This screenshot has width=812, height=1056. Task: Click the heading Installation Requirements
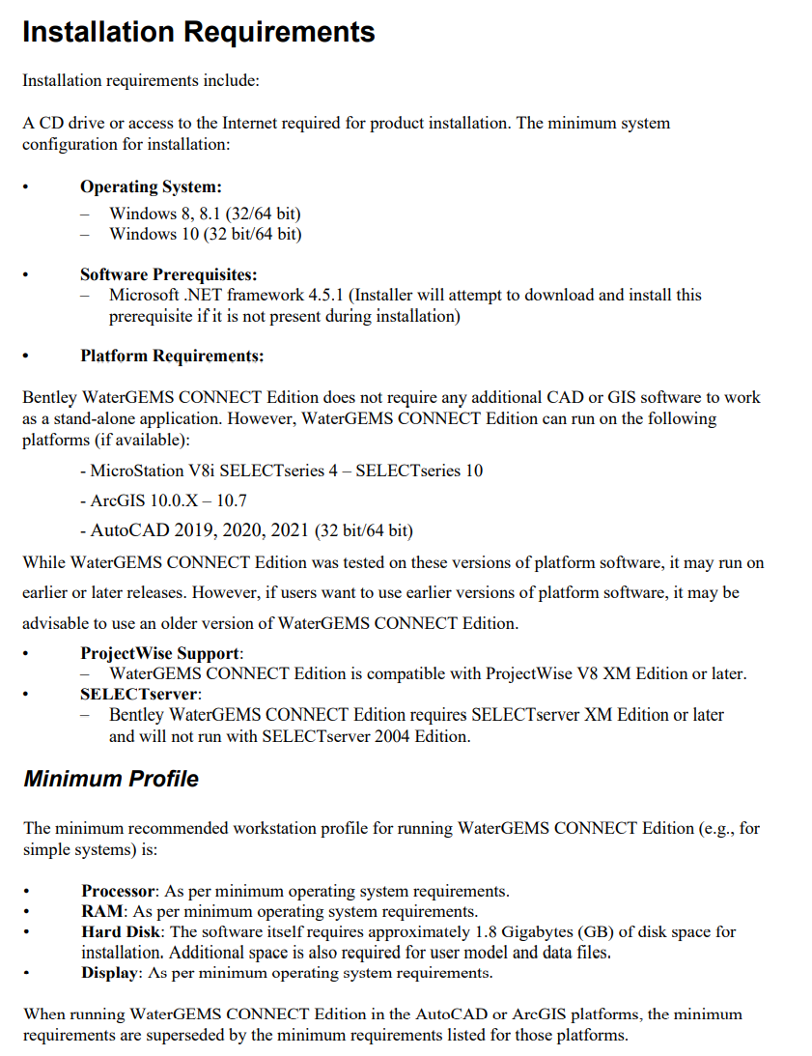[198, 32]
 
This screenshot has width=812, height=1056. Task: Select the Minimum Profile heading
[111, 779]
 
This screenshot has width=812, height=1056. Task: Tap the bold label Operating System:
[151, 187]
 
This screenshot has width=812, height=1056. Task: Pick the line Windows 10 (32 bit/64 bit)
[206, 234]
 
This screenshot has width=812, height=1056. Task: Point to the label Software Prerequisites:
[168, 274]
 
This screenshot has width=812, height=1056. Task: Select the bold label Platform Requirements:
[172, 356]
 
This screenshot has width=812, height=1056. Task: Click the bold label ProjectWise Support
[160, 653]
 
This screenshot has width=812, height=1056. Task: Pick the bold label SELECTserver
[139, 694]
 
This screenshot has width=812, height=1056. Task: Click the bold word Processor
[119, 891]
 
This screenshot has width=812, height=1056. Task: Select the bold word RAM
[101, 911]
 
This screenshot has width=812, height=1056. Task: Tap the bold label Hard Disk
[122, 931]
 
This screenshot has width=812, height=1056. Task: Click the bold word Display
[111, 973]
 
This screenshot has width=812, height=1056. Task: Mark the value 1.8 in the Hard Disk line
[488, 931]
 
